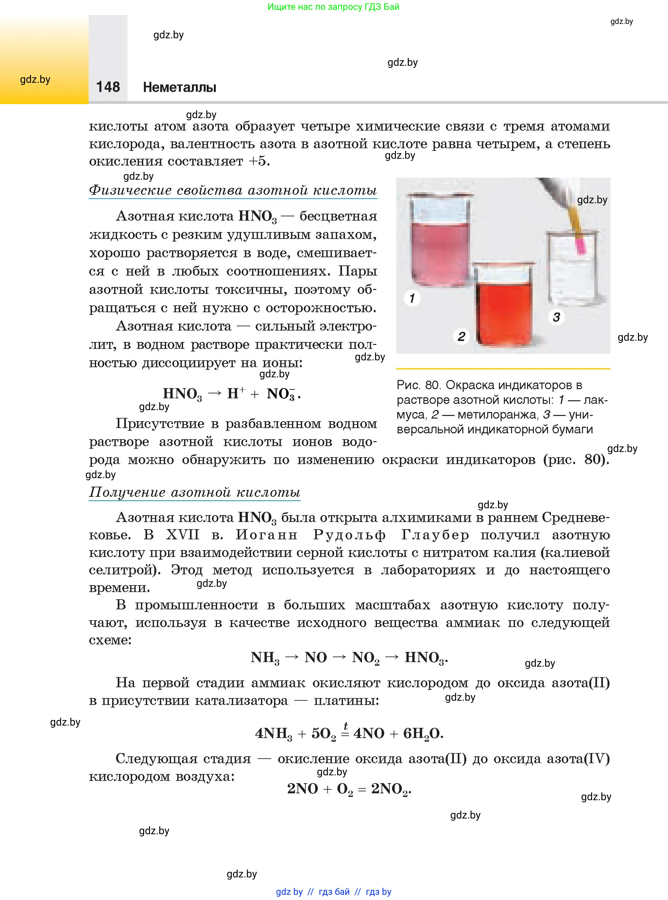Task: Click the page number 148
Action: pyautogui.click(x=108, y=87)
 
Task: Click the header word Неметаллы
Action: pyautogui.click(x=180, y=87)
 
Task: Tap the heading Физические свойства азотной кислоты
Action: pyautogui.click(x=232, y=190)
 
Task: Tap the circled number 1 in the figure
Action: pyautogui.click(x=412, y=298)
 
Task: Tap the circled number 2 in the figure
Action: pyautogui.click(x=461, y=336)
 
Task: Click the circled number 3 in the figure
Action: pyautogui.click(x=557, y=317)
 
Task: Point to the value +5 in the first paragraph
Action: pyautogui.click(x=258, y=161)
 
